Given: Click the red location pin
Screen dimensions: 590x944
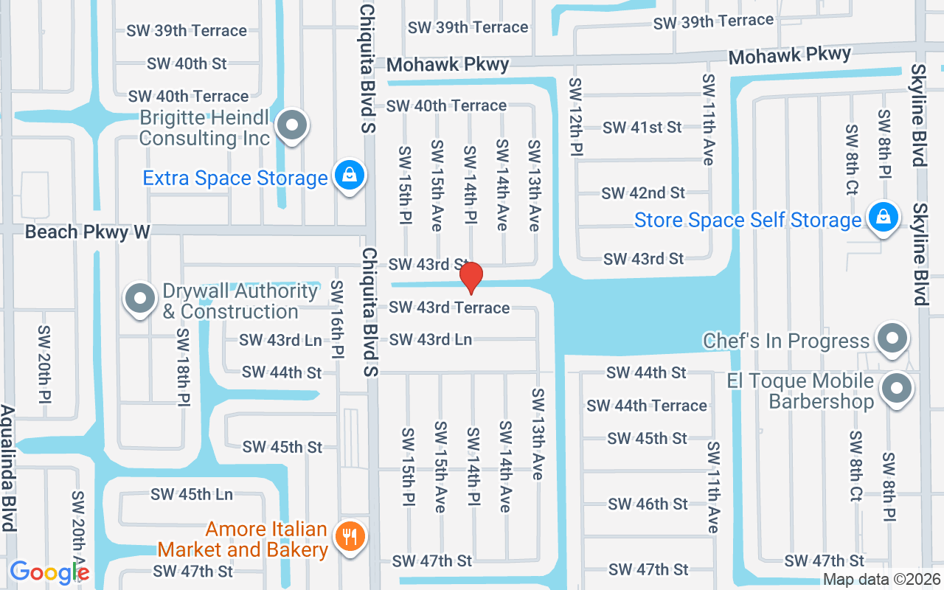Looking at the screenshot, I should [471, 277].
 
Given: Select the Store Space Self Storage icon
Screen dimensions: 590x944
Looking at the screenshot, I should [882, 218].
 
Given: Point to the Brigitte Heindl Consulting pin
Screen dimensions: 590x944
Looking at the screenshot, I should [293, 125].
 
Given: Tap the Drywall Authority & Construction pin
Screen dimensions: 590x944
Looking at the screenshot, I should [140, 299].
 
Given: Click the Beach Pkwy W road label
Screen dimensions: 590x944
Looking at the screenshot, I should [88, 232].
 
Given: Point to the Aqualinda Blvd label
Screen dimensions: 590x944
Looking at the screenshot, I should [8, 468].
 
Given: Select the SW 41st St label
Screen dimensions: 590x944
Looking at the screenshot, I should [642, 128].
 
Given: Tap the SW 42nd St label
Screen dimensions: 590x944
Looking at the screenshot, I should [643, 193].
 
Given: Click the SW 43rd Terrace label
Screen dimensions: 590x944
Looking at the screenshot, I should [449, 307].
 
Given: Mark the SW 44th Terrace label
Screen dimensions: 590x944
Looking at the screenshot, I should [646, 406].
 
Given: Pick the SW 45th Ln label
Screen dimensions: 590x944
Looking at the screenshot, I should [192, 494].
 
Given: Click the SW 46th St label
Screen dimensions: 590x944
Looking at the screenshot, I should [648, 504].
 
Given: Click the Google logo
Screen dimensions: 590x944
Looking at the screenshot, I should [49, 572].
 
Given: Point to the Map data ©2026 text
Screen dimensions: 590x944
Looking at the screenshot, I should [881, 580].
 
